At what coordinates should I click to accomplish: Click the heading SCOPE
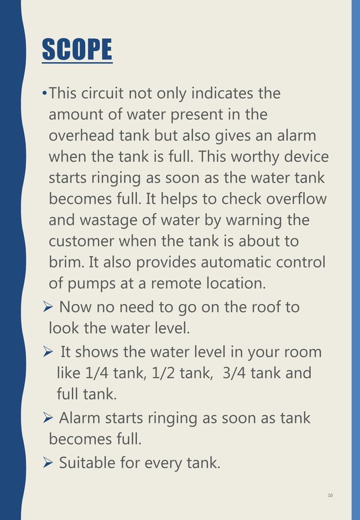click(x=77, y=50)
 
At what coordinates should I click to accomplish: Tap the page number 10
click(x=330, y=496)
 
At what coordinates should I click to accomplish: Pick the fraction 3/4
click(x=239, y=373)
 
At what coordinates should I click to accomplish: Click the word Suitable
click(x=87, y=463)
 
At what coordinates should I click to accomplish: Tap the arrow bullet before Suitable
click(x=48, y=464)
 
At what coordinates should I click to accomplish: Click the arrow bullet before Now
click(x=48, y=308)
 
